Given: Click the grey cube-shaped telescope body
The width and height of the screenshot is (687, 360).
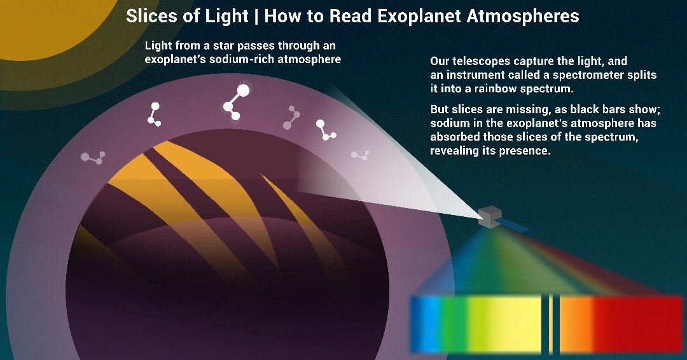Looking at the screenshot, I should (489, 217).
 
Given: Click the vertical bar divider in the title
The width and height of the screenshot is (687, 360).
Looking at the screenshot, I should (256, 16).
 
